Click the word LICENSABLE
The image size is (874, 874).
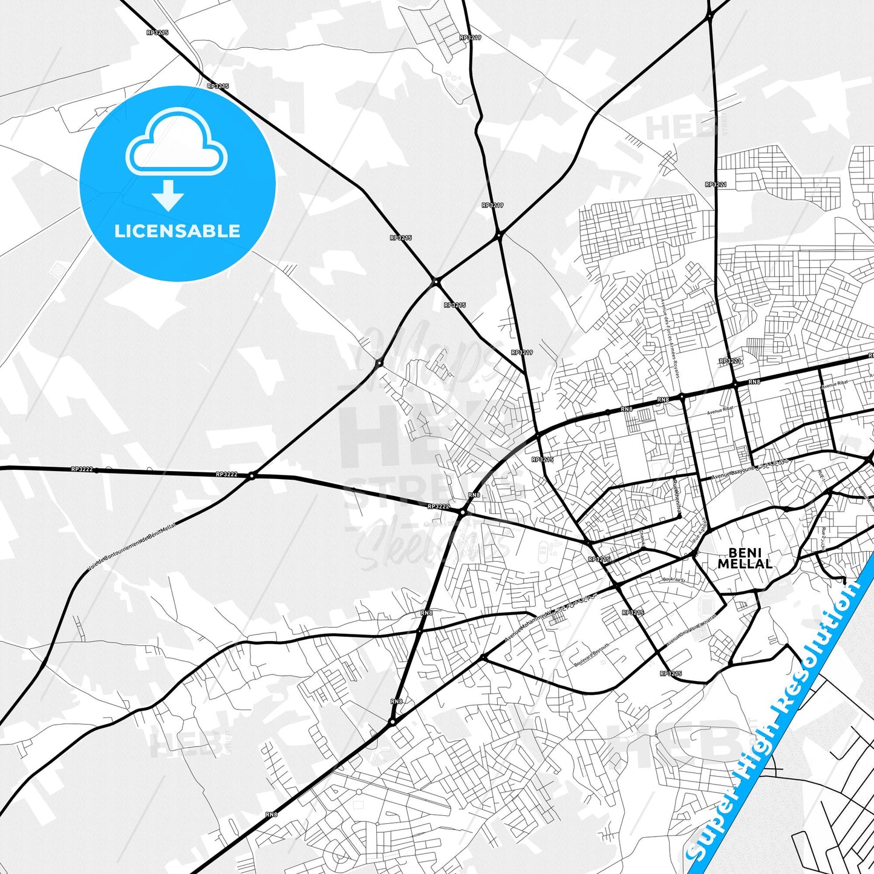[x=177, y=231]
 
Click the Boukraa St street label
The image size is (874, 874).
[x=673, y=580]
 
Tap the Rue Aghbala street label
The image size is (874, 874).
[x=701, y=532]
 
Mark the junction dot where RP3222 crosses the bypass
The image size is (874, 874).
[x=252, y=476]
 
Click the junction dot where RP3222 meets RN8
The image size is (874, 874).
[x=463, y=512]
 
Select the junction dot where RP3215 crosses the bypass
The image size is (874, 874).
[x=435, y=281]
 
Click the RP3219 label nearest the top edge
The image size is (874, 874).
[x=470, y=38]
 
